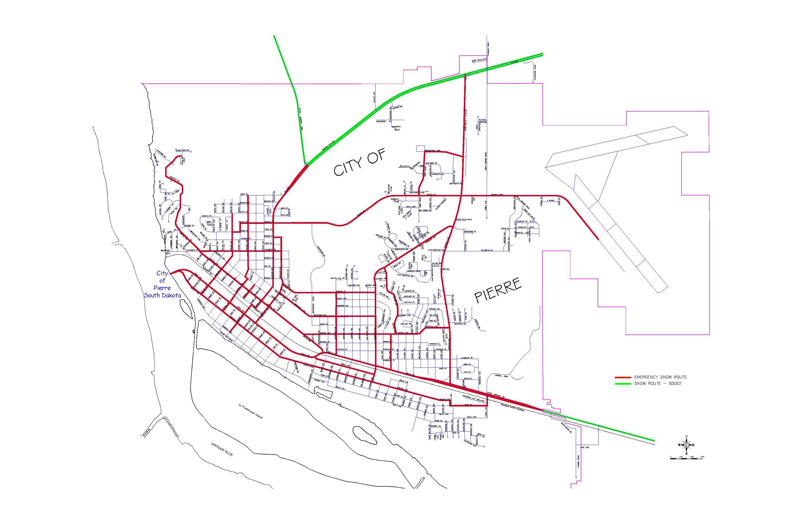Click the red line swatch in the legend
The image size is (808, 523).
[x=623, y=377]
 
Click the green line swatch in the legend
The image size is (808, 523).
[x=623, y=384]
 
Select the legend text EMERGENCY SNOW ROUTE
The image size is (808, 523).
[x=660, y=377]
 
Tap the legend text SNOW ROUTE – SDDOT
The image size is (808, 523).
[x=658, y=384]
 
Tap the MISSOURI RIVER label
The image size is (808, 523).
[x=222, y=450]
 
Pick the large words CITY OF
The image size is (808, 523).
[x=360, y=163]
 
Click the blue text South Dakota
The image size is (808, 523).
[x=162, y=295]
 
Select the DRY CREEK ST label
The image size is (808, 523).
[x=425, y=210]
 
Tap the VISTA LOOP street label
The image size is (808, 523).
[x=411, y=206]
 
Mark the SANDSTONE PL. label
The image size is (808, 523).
[x=470, y=231]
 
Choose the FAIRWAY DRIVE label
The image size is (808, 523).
[x=579, y=461]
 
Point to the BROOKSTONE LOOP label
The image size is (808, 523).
[x=433, y=150]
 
